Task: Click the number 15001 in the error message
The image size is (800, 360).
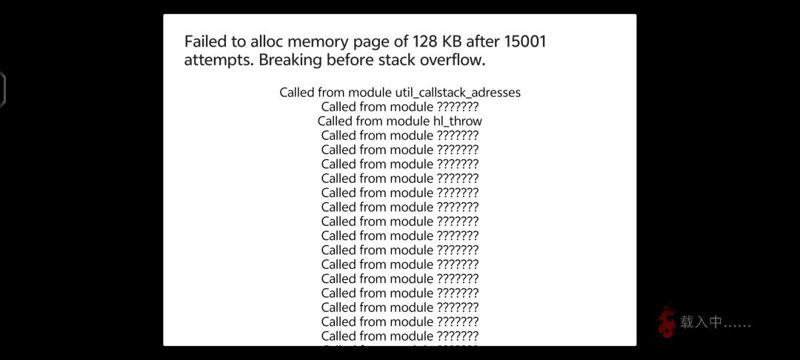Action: (x=525, y=41)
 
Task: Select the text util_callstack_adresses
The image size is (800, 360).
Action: (x=459, y=93)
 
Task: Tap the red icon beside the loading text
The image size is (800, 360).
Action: (x=667, y=321)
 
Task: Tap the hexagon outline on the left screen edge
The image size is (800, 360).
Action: (x=2, y=90)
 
